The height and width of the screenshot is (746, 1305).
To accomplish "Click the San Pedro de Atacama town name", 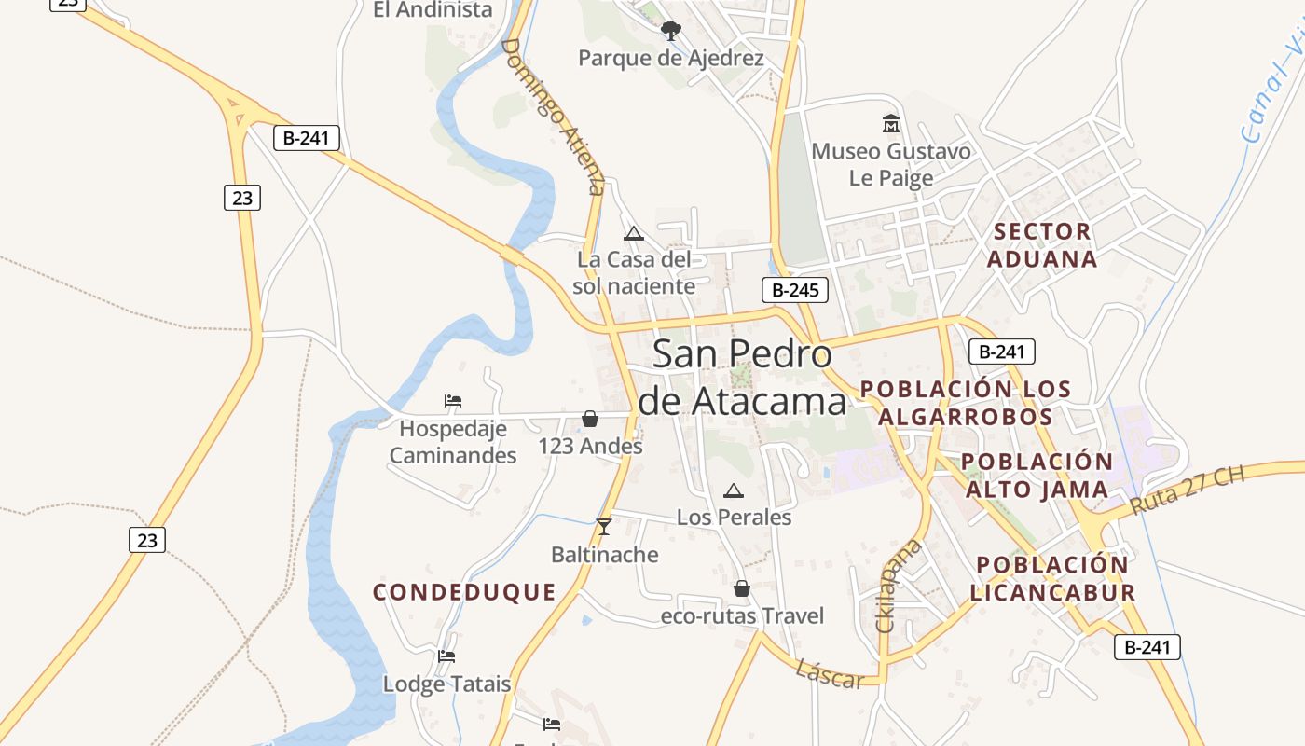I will (743, 377).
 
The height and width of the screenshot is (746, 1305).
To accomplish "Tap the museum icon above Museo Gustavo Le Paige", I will (891, 123).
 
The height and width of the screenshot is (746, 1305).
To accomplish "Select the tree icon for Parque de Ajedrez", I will (670, 31).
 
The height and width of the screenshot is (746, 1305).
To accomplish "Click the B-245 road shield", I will (795, 290).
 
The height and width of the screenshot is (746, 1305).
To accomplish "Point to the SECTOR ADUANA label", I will (1041, 245).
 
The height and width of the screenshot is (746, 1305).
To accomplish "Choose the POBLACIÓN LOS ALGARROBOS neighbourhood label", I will (966, 403).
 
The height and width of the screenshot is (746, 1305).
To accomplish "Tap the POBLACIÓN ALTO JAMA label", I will (1037, 476).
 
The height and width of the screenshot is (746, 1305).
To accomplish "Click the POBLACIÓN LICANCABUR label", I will (1052, 578).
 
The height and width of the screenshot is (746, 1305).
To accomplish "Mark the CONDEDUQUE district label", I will (464, 592).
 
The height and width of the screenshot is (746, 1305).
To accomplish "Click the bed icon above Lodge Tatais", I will (446, 656).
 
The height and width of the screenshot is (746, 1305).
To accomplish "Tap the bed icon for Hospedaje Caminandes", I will (453, 401).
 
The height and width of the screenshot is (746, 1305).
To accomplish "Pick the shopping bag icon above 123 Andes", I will (590, 420).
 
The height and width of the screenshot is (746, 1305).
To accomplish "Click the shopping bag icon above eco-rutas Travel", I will (742, 588).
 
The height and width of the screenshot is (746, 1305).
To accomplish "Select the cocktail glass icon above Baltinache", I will (604, 527).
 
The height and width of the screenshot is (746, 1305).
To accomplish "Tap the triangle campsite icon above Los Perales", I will (734, 490).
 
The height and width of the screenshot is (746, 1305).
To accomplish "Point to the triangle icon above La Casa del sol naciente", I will (634, 233).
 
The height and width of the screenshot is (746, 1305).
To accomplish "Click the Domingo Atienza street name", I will (554, 116).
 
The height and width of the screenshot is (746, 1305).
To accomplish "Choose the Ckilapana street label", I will (899, 586).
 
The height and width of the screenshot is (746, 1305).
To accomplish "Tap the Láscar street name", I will (829, 673).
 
